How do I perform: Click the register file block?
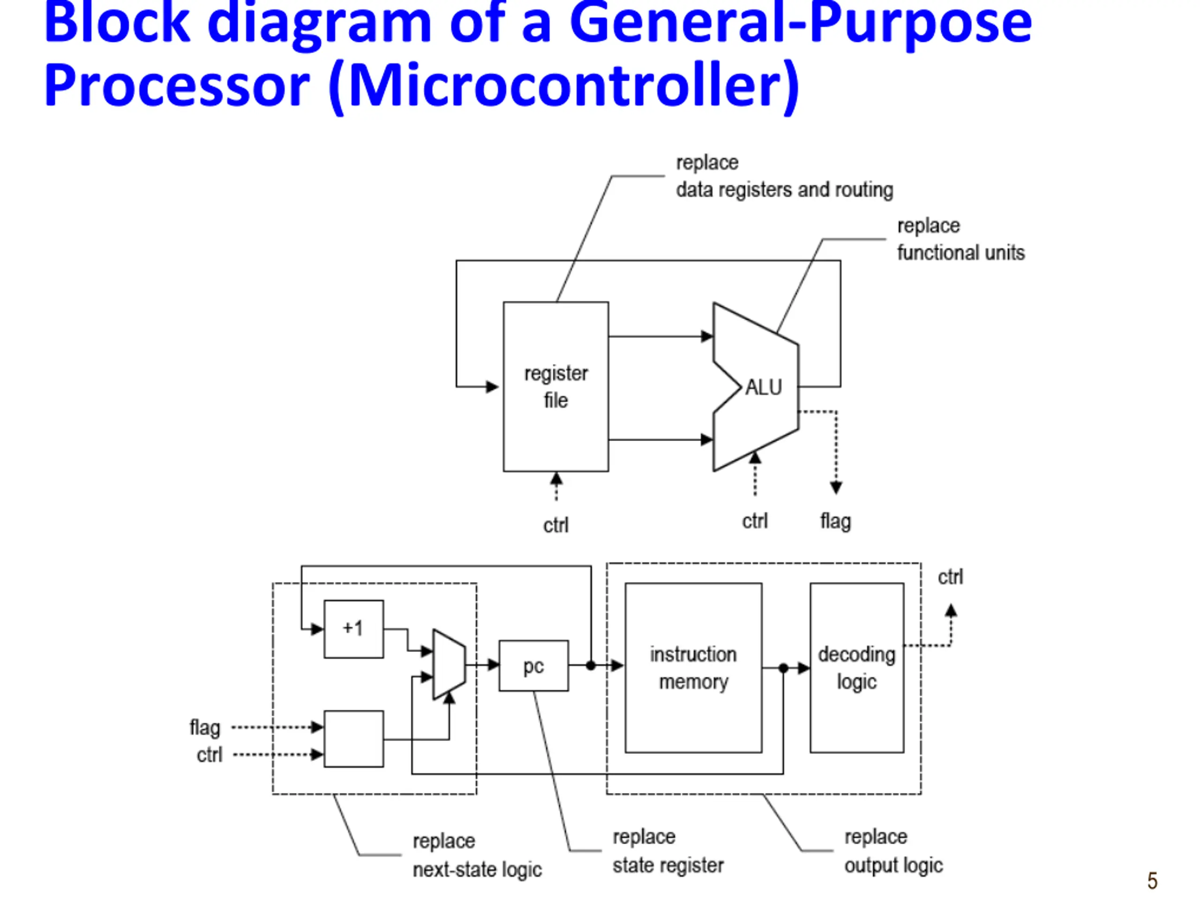pos(555,386)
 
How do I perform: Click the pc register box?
pos(534,666)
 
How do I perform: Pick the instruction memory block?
pos(693,668)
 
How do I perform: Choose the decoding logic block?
pos(856,668)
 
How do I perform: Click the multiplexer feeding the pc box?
pos(449,665)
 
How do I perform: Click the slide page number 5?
pos(1152,880)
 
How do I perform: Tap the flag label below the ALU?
pos(835,522)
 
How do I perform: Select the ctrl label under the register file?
pos(556,525)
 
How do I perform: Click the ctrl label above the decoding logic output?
pos(951,577)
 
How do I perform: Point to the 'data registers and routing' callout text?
pos(784,190)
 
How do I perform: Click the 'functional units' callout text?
pos(961,253)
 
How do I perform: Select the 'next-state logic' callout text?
pos(477,870)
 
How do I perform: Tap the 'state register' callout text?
pos(668,866)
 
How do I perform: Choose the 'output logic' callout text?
pos(893,866)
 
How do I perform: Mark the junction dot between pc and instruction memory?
pos(591,665)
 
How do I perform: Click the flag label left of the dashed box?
pos(204,728)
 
